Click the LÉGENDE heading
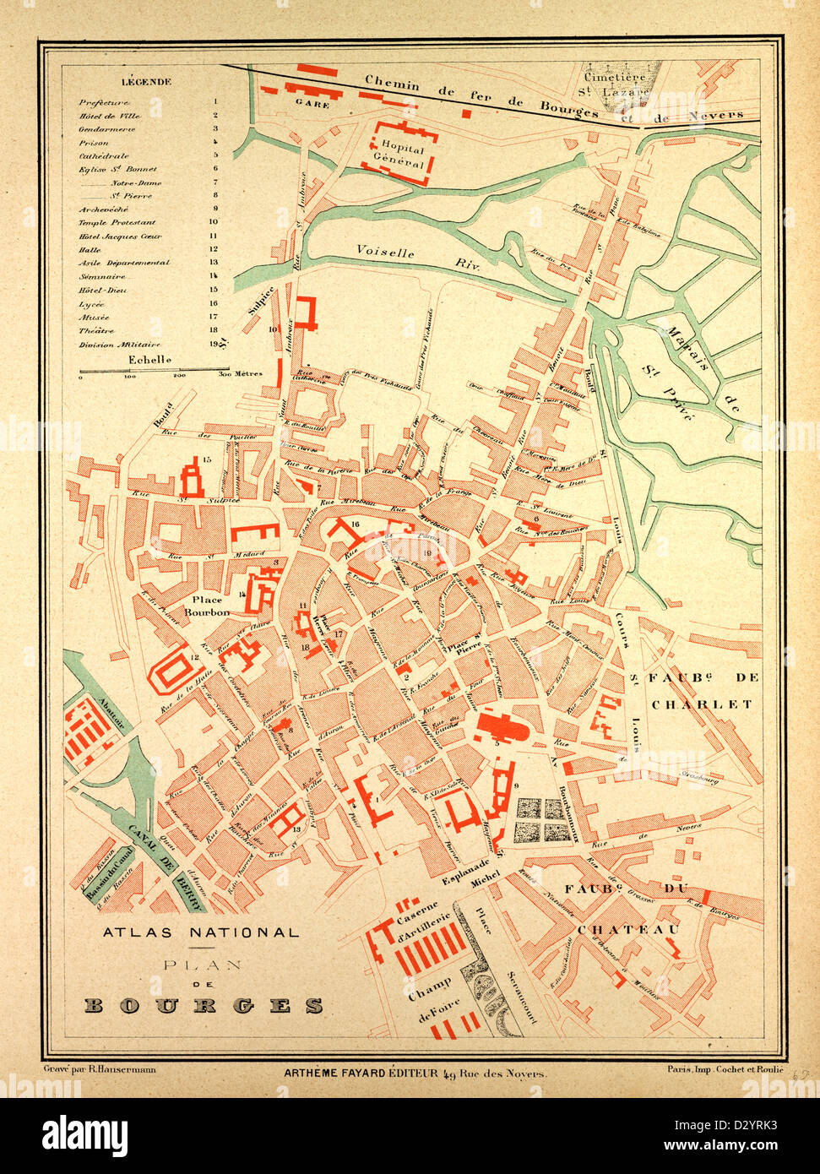[x=146, y=82]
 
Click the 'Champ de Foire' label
[x=432, y=995]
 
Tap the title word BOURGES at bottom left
[x=204, y=1005]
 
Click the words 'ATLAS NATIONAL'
[x=200, y=933]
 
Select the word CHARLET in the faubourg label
[x=701, y=704]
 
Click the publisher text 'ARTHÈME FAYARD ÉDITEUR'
[x=359, y=1073]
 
